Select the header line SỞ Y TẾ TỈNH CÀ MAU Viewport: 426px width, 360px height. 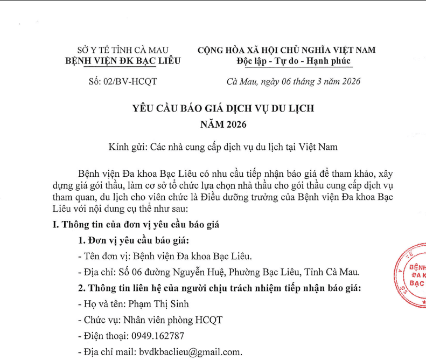click(x=123, y=50)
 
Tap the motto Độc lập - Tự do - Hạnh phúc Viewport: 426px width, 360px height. click(x=294, y=61)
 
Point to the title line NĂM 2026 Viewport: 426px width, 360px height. click(x=223, y=125)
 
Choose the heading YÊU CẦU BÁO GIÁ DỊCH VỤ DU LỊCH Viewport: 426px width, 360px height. click(x=223, y=108)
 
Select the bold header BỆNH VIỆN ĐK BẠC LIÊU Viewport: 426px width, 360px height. click(x=123, y=61)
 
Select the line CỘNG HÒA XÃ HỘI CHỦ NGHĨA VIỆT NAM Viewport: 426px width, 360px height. click(x=287, y=50)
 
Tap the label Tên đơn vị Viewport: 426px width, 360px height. click(x=105, y=256)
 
